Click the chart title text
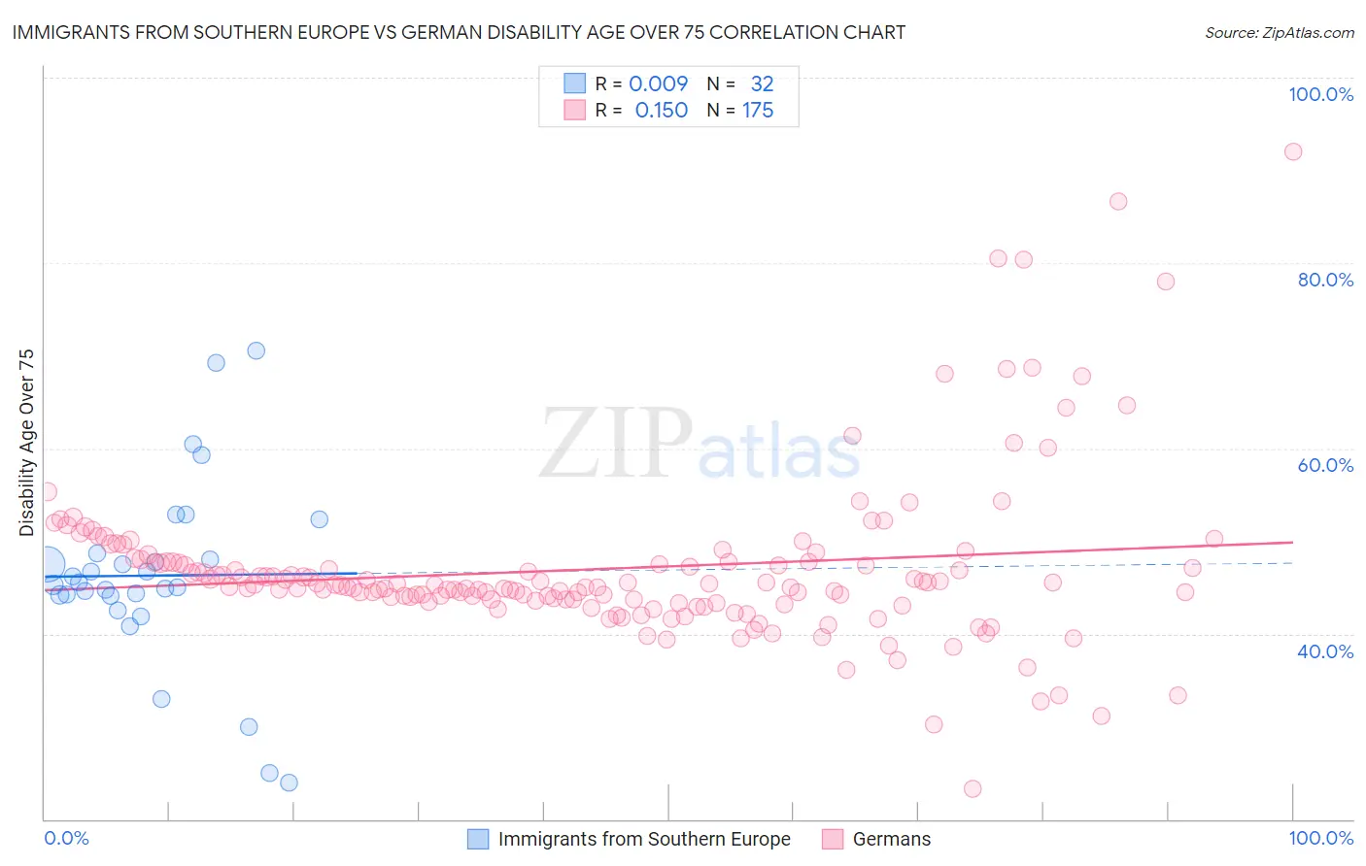click(x=459, y=32)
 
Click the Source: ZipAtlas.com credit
click(x=1279, y=32)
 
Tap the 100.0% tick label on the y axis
click(x=1320, y=94)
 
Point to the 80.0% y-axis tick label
click(x=1324, y=280)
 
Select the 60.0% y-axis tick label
click(x=1324, y=465)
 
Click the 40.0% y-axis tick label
click(x=1324, y=651)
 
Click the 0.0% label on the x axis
click(x=66, y=838)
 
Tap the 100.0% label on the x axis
click(x=1320, y=838)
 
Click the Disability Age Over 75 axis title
click(x=27, y=443)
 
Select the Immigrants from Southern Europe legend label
click(x=644, y=839)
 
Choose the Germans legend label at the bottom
click(x=891, y=839)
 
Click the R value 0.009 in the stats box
click(x=658, y=83)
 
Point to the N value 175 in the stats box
click(x=758, y=111)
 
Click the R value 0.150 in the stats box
click(x=661, y=111)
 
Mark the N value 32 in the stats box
click(x=762, y=83)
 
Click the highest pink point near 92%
click(x=1292, y=151)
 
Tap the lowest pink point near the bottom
click(x=973, y=788)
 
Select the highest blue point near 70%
click(x=256, y=350)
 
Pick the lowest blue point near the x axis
click(x=289, y=783)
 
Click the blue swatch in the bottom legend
click(x=478, y=839)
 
